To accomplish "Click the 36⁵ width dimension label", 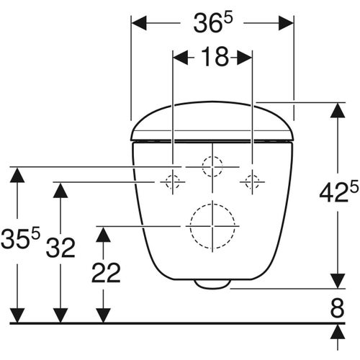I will point(212,23).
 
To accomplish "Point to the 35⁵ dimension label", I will point(20,238).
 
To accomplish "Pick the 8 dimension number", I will point(337,307).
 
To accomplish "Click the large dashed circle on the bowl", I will point(212,224).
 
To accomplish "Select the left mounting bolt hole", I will point(173,182).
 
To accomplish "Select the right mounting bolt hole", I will point(252,182).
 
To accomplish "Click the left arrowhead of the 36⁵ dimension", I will point(137,23).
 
